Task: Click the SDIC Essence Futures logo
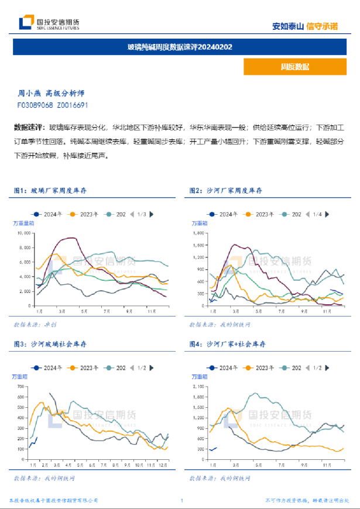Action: [49, 23]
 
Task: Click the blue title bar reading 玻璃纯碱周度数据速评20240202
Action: [180, 47]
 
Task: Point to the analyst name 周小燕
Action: [28, 93]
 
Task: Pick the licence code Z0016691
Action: [73, 105]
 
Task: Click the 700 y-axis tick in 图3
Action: [21, 387]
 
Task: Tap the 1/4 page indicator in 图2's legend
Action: [317, 215]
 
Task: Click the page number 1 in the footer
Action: [182, 501]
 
